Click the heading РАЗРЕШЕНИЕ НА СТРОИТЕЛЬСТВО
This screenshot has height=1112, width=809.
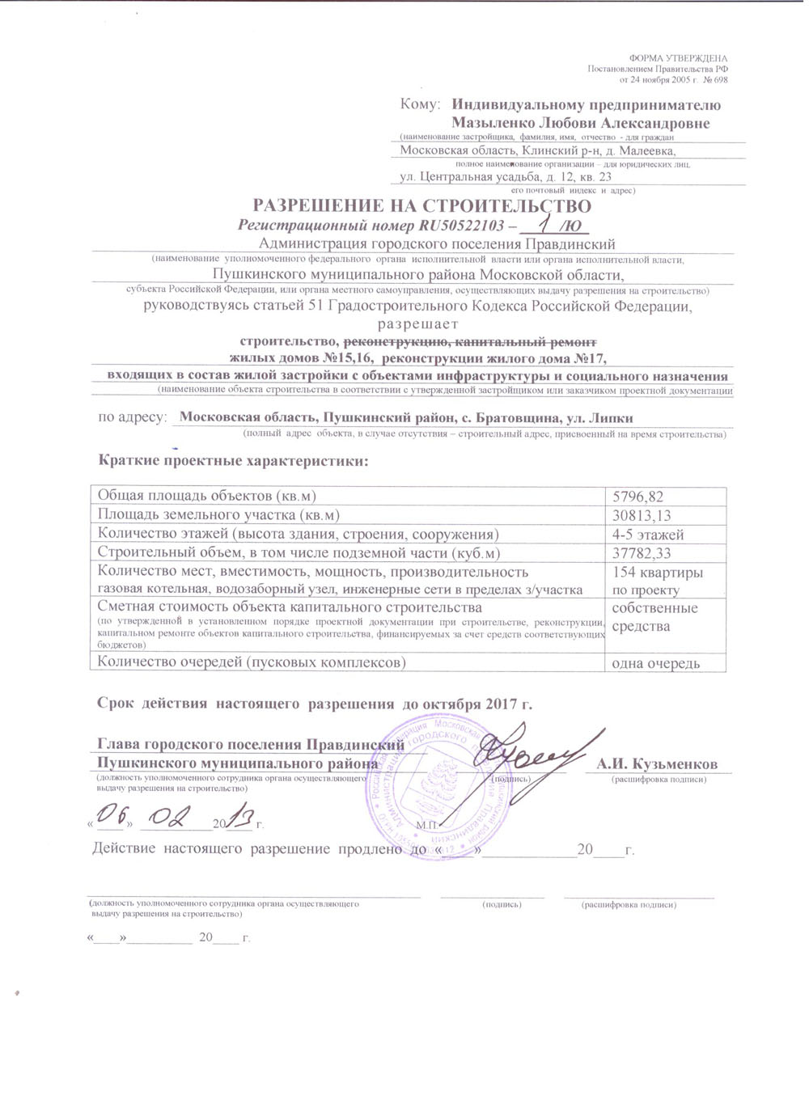pos(422,206)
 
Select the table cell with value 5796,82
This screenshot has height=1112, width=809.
pos(638,497)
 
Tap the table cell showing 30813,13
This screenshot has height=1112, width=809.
pos(642,515)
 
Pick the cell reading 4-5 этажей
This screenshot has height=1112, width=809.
pos(648,535)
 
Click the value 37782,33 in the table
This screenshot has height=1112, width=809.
pos(642,553)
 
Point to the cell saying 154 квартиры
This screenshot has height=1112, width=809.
pos(657,573)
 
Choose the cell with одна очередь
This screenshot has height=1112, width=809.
pos(655,663)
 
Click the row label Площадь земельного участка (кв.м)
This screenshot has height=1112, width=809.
pos(218,515)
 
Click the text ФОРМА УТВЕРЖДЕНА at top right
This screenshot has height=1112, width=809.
pos(678,58)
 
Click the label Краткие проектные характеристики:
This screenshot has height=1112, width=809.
pos(233,461)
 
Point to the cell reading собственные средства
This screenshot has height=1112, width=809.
pos(654,617)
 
